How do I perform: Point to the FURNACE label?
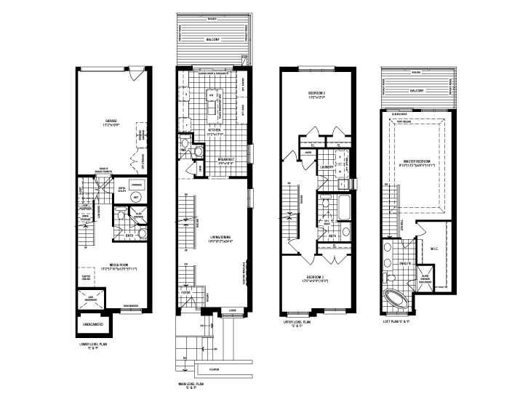pyautogui.click(x=135, y=185)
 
